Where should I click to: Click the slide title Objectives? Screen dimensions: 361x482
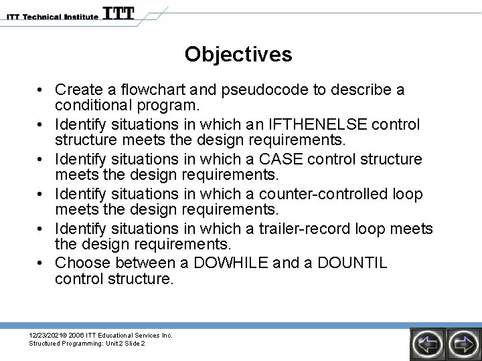pyautogui.click(x=238, y=54)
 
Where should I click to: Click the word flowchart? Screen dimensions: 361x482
pyautogui.click(x=153, y=90)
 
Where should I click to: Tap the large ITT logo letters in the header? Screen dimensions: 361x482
pyautogui.click(x=118, y=13)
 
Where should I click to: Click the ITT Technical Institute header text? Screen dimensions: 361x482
pyautogui.click(x=50, y=16)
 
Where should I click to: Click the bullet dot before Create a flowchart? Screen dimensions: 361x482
pyautogui.click(x=42, y=90)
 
